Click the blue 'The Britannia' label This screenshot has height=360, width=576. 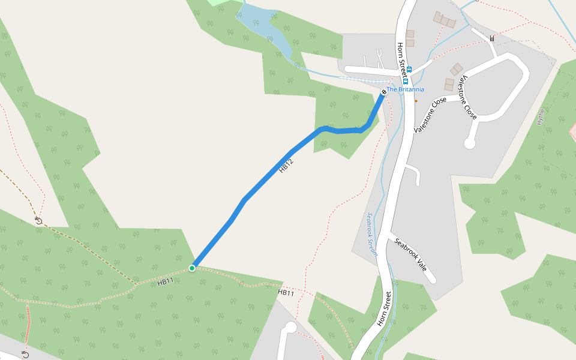[x=405, y=89]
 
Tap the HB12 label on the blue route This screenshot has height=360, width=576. [x=286, y=166]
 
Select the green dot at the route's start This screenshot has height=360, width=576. [x=192, y=268]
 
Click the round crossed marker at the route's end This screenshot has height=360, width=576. [x=384, y=92]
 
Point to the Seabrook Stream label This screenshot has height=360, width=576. [x=372, y=235]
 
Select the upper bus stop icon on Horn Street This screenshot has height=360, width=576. [x=409, y=70]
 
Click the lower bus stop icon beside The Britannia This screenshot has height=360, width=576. [x=406, y=81]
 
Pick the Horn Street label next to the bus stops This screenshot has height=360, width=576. [x=401, y=59]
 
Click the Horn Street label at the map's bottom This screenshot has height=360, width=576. [x=385, y=308]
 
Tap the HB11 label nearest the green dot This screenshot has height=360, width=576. [x=166, y=280]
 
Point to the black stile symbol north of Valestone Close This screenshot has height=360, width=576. [x=492, y=38]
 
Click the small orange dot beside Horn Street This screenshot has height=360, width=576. [x=416, y=101]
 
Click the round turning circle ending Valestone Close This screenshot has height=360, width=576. [x=470, y=143]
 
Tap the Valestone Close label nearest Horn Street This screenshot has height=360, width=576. [x=430, y=115]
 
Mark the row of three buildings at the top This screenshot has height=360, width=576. [x=445, y=20]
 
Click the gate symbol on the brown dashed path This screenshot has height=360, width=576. [x=38, y=220]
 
